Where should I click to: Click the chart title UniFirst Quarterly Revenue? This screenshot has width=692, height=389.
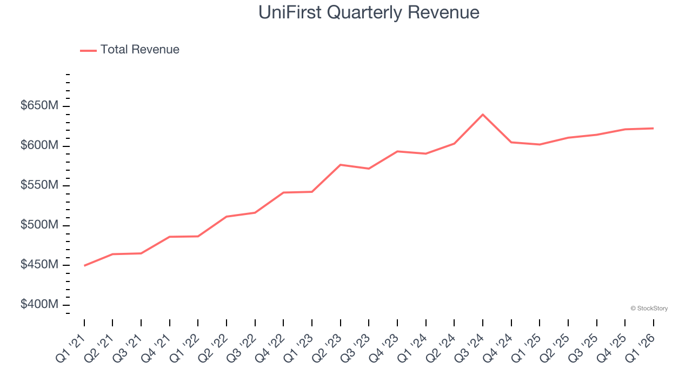click(x=369, y=12)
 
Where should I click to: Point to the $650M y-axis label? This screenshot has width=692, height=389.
click(x=39, y=106)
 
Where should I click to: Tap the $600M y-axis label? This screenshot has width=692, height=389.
click(x=39, y=146)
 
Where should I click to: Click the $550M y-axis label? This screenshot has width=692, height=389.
click(x=39, y=185)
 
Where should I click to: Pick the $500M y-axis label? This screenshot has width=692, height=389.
click(x=39, y=225)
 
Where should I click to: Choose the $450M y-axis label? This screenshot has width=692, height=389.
click(x=39, y=265)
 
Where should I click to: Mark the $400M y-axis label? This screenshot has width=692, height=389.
click(x=39, y=305)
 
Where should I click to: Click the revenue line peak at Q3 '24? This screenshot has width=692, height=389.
click(x=483, y=115)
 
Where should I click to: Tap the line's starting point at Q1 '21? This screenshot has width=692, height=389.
click(x=84, y=266)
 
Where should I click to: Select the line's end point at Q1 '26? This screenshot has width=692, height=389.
click(x=653, y=128)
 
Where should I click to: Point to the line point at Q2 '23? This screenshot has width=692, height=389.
click(x=341, y=165)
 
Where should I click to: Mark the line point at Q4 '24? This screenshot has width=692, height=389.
click(x=511, y=142)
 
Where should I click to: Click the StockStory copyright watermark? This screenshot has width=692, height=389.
click(x=649, y=308)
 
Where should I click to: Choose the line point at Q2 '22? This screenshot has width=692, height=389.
click(x=227, y=217)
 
